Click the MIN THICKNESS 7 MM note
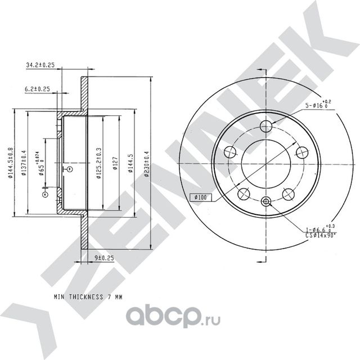coord(88,295)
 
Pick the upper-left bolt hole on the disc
coord(229,151)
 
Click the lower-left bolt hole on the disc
coord(244,193)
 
